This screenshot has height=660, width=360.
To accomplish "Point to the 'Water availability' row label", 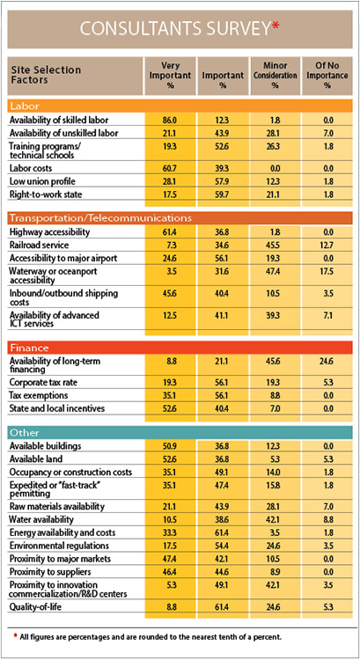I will click(48, 519).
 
